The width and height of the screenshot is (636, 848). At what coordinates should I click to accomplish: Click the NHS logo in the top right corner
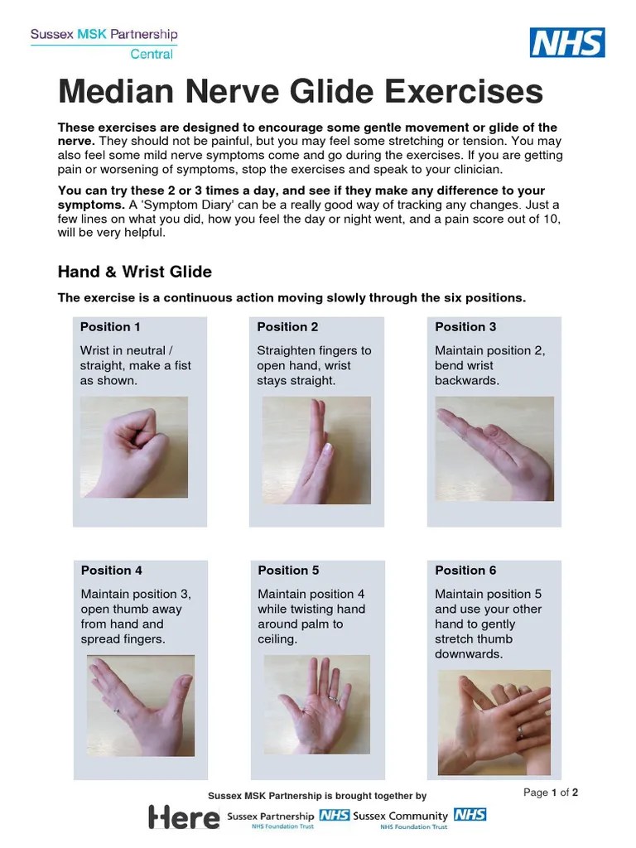(x=567, y=42)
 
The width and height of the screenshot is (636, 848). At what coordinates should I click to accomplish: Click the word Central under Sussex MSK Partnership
(x=152, y=55)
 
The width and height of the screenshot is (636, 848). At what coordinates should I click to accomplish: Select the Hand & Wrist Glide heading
(x=134, y=272)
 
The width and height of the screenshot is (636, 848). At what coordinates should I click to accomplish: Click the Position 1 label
(x=110, y=327)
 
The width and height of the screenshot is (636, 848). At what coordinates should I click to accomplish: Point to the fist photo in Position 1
(x=134, y=446)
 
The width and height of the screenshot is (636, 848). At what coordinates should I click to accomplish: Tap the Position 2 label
(x=287, y=327)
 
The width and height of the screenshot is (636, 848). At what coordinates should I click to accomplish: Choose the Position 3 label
(x=465, y=327)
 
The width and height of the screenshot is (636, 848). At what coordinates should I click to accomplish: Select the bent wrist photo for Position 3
(x=494, y=448)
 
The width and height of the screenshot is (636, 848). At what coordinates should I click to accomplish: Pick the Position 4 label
(x=112, y=571)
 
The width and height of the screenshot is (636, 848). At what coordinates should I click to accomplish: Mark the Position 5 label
(x=288, y=571)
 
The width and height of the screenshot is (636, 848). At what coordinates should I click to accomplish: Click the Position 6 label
(x=465, y=571)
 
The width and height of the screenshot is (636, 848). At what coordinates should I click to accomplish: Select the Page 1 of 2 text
(x=551, y=793)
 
